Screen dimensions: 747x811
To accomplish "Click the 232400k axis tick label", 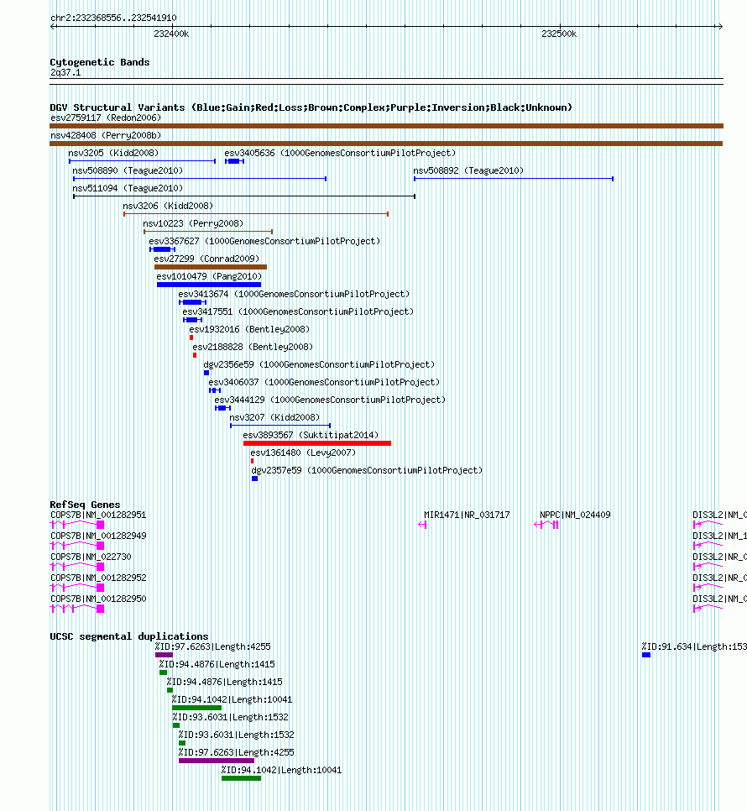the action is [x=171, y=34].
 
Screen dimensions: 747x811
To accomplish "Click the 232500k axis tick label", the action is [x=559, y=34].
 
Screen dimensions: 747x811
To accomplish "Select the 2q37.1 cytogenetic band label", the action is [x=65, y=72].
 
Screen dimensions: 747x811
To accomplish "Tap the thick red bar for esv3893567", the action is [x=317, y=443].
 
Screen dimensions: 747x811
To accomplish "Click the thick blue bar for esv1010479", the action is [x=209, y=285].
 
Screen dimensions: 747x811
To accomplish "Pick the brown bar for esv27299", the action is [x=211, y=267].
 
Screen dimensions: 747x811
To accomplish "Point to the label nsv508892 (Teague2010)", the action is [x=468, y=170].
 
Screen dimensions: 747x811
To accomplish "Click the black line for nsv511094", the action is [x=244, y=196].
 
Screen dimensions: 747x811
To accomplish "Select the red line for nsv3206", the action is [x=256, y=214].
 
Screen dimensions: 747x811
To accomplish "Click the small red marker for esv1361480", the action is [x=253, y=461].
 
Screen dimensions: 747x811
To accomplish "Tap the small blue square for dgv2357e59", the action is [x=254, y=479].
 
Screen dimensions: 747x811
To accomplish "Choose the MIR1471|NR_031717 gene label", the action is [x=467, y=515].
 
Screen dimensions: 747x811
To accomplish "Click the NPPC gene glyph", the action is [x=546, y=525].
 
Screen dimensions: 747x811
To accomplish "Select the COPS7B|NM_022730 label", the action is [x=91, y=557].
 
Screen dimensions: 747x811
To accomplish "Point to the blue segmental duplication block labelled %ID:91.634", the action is [x=646, y=655].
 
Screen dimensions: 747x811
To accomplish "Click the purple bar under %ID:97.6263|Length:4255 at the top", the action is [x=164, y=655].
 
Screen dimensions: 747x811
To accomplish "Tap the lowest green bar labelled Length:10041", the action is [x=242, y=778].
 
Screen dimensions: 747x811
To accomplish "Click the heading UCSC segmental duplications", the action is [x=128, y=636].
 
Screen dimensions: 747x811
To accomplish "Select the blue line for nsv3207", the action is [x=280, y=426].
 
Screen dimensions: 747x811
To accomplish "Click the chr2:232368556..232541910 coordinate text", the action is [x=113, y=18].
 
